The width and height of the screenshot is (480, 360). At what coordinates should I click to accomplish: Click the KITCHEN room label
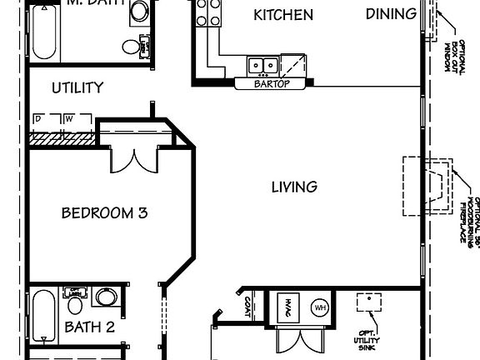(283, 15)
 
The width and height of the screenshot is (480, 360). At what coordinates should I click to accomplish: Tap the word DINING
(391, 13)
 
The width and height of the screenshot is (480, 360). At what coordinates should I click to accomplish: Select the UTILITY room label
(77, 87)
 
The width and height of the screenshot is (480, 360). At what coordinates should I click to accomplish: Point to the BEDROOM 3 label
(104, 212)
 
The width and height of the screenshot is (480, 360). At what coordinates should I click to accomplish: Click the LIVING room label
(294, 187)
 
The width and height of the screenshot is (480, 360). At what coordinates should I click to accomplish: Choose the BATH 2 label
(90, 327)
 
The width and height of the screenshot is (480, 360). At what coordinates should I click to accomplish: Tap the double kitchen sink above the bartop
(264, 64)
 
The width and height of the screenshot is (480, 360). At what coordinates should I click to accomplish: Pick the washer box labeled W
(70, 119)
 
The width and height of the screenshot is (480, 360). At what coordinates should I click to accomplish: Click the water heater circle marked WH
(320, 307)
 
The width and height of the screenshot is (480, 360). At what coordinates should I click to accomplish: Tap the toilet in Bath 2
(105, 297)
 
